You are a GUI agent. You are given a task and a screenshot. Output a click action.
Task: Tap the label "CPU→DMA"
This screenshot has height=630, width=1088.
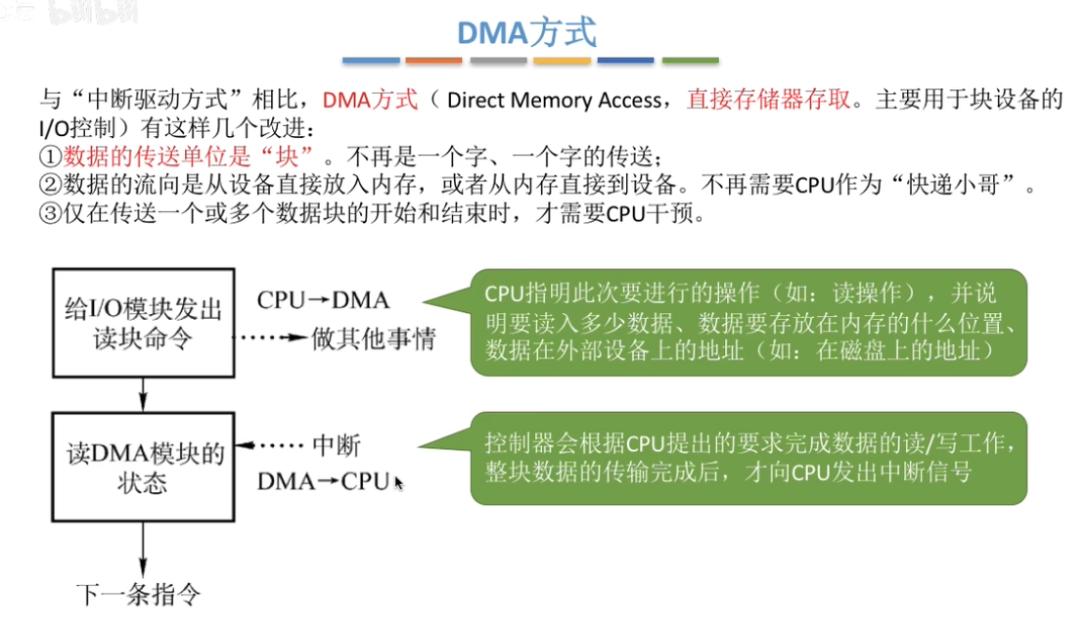pos(323,300)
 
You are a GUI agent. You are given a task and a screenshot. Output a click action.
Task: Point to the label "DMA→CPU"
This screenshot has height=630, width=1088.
pos(324,481)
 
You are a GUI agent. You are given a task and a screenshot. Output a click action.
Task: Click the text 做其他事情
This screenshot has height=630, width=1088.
pos(374,339)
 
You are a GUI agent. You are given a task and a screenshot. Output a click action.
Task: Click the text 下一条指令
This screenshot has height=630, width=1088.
pos(138,593)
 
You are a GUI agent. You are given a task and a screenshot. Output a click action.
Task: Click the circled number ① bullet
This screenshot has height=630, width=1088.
pos(50,156)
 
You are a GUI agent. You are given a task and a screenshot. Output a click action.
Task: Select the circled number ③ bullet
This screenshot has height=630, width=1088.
pos(50,212)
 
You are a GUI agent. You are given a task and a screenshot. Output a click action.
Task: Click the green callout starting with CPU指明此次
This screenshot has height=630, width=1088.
pos(748,322)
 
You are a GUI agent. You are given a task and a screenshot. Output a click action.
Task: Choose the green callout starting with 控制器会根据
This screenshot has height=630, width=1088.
pos(748,459)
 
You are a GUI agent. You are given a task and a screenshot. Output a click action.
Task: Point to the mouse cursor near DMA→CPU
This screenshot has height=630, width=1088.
pos(398,481)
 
